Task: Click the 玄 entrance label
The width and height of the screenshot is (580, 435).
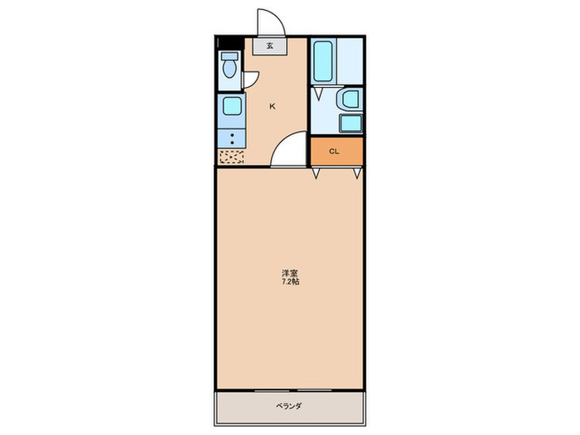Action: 270,46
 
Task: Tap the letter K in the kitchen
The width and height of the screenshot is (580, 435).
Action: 272,106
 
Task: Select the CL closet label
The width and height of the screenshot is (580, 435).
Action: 335,151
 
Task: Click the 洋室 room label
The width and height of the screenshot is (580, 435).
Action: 290,273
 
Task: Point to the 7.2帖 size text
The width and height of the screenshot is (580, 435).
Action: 290,282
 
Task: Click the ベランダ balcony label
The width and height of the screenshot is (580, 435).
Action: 288,406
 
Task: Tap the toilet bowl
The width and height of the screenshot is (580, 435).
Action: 230,66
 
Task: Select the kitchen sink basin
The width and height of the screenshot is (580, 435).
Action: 231,106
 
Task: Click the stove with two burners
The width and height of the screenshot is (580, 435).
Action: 231,138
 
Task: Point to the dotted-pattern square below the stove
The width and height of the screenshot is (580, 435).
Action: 231,157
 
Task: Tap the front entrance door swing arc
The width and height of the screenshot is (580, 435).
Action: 268,22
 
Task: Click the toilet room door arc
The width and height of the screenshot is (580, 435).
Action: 250,79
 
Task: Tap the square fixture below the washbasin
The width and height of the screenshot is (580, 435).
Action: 350,123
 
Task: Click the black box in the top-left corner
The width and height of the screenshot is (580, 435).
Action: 222,42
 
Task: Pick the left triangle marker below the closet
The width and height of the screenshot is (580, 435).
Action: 317,173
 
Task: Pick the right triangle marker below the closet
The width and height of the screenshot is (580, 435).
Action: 357,173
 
